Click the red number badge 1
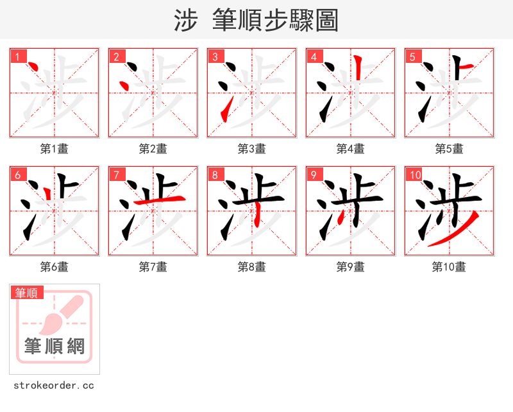coord(17,56)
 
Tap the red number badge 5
coord(412,56)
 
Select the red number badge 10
coord(415,175)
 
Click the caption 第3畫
coord(251,149)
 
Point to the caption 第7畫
coord(153,267)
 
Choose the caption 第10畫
coord(449,267)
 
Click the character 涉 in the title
coord(185,21)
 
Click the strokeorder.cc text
coord(54,386)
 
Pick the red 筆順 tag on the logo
coord(27,293)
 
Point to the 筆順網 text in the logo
coord(55,347)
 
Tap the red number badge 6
coord(17,175)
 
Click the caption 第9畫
coord(350,267)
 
